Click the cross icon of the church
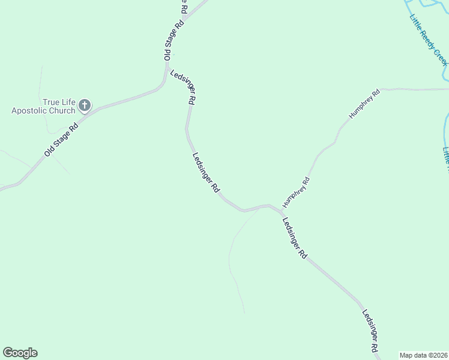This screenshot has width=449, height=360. (85, 106)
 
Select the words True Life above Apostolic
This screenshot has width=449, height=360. (59, 102)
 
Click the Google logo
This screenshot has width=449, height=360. (20, 353)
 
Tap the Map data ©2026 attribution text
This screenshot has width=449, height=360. (423, 355)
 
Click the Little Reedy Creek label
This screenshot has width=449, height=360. (429, 39)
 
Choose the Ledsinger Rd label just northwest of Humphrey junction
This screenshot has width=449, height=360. (206, 172)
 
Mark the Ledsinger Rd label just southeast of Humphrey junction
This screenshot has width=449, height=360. (295, 238)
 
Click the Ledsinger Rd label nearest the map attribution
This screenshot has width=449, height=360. (370, 331)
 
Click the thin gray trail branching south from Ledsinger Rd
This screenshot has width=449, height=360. (231, 258)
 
